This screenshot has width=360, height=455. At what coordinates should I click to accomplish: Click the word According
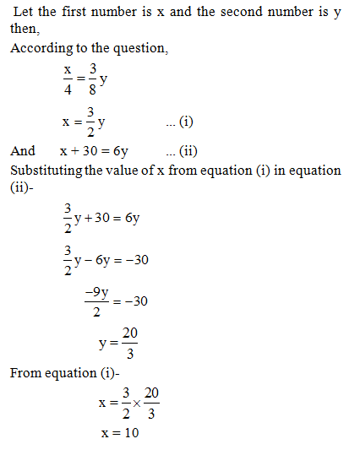(39, 49)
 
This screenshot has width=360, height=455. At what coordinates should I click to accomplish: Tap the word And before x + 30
(23, 151)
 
